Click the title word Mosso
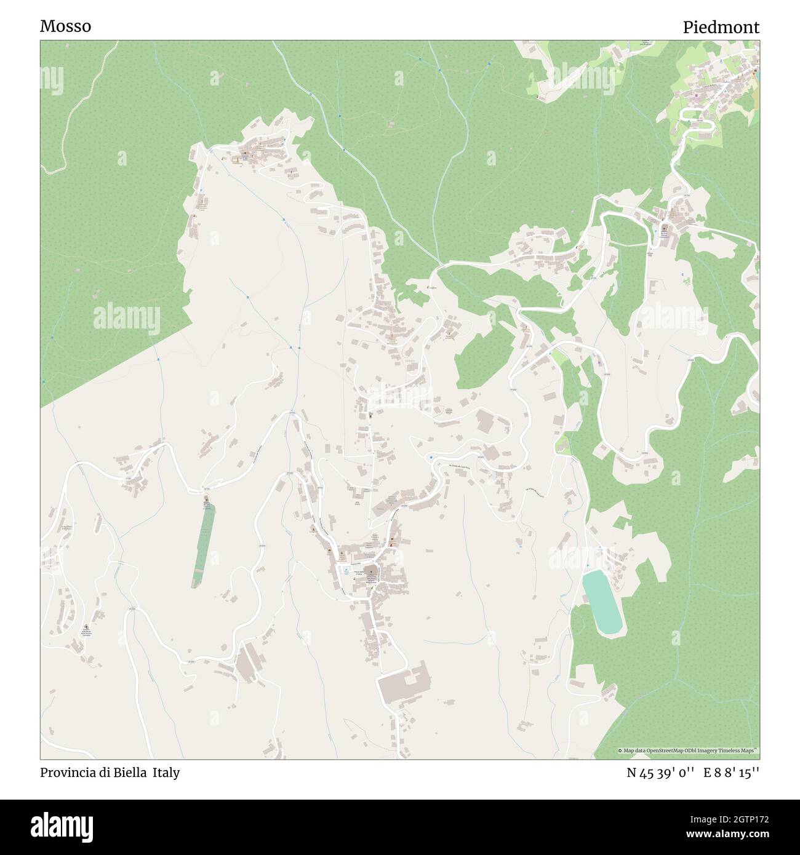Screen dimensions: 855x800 (65, 26)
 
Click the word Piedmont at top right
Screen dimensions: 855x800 (721, 27)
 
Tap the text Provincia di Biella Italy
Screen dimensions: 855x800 (110, 773)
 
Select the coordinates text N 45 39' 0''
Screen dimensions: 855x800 (661, 773)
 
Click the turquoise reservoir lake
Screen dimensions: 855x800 (601, 602)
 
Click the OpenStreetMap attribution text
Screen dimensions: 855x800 (689, 750)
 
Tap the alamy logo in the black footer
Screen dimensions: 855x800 (58, 825)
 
